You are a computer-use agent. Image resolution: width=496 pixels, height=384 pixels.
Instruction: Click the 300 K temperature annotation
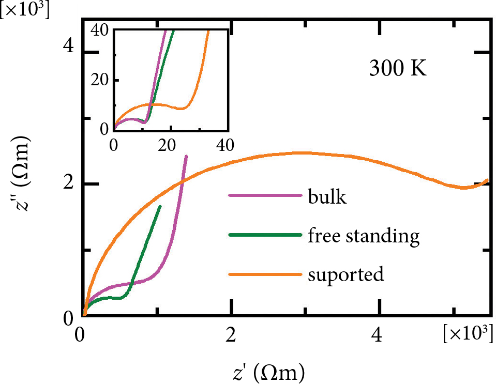[397, 70]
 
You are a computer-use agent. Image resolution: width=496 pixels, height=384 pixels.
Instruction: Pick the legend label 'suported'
[346, 274]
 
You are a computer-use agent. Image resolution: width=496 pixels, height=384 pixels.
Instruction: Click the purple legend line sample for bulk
[264, 195]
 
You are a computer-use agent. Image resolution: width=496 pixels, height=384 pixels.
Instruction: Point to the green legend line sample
[264, 235]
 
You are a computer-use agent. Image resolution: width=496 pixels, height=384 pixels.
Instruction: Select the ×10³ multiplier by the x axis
[467, 334]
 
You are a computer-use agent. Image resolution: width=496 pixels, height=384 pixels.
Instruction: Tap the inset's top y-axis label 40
[102, 30]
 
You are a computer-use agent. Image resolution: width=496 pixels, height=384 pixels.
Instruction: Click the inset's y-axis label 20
[102, 81]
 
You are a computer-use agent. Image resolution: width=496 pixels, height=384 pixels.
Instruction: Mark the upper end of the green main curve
[160, 206]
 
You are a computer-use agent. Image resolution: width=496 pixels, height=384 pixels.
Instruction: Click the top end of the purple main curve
[186, 156]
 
